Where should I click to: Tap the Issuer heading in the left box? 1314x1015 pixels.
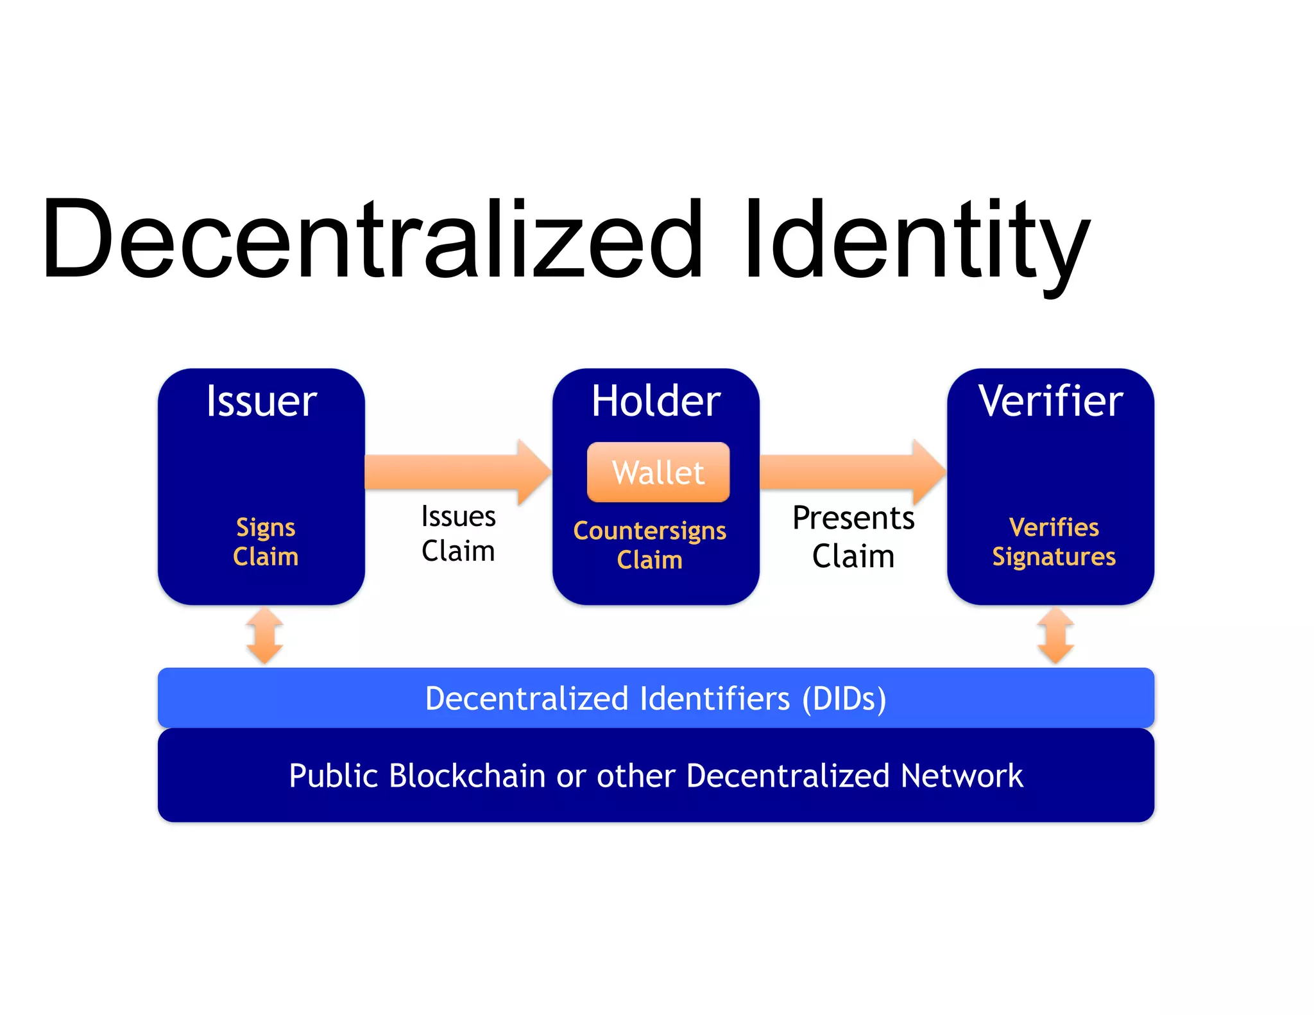(262, 402)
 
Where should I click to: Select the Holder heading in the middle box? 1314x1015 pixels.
(656, 402)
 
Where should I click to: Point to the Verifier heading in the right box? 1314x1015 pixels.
(1050, 402)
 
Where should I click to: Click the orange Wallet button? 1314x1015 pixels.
(658, 472)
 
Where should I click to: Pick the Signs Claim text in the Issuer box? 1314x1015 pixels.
(266, 542)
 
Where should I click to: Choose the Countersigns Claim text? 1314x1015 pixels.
(650, 545)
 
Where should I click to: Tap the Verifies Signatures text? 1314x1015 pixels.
(1054, 542)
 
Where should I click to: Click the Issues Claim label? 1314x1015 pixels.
(458, 534)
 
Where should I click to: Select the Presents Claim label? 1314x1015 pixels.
(853, 536)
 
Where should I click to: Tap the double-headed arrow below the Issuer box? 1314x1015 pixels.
(265, 636)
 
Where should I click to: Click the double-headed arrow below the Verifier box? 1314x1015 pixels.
(1055, 636)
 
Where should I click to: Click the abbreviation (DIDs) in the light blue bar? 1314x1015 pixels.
(844, 699)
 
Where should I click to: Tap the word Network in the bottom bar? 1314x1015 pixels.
(962, 776)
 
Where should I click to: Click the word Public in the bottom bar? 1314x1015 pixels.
(333, 776)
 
